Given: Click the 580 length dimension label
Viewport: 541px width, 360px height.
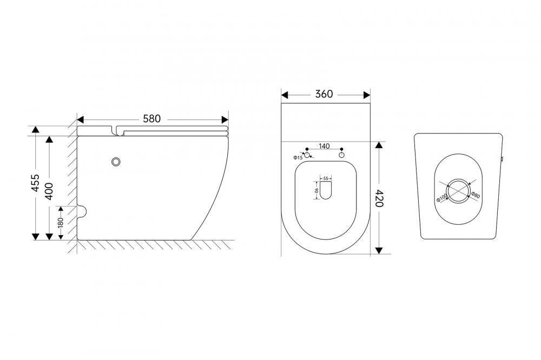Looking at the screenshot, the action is point(152,118).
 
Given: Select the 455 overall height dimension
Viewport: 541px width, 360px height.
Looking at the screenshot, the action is point(35,183).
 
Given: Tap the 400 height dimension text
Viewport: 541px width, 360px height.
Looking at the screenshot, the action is point(49,191).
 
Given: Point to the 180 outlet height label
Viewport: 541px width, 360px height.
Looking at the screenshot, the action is point(61,222).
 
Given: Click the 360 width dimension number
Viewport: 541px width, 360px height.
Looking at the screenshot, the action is point(324,94).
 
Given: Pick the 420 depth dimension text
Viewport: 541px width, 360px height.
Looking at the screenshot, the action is point(379,198).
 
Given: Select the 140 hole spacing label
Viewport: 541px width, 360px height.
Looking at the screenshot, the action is point(324,146).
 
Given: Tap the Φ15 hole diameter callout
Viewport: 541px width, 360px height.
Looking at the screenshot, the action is point(298,158).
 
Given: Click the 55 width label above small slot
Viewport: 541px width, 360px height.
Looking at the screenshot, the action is point(326,178).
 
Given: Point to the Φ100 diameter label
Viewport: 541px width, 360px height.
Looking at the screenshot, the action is point(442,197).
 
